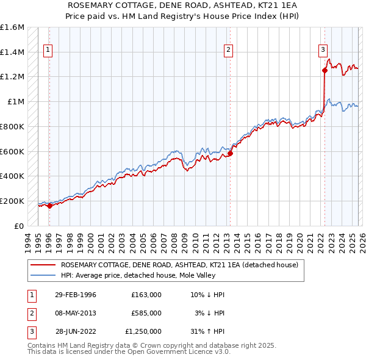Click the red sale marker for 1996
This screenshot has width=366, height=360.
(49, 206)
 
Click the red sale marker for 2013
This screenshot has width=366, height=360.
(230, 153)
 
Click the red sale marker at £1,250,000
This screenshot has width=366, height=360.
(325, 71)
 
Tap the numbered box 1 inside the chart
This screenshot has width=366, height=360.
(48, 51)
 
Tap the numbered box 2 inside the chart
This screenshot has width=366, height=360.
(228, 51)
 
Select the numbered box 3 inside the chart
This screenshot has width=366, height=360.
(323, 51)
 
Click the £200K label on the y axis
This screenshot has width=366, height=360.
(12, 201)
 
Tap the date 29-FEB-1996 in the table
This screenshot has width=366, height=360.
(76, 295)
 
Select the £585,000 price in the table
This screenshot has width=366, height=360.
(146, 313)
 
